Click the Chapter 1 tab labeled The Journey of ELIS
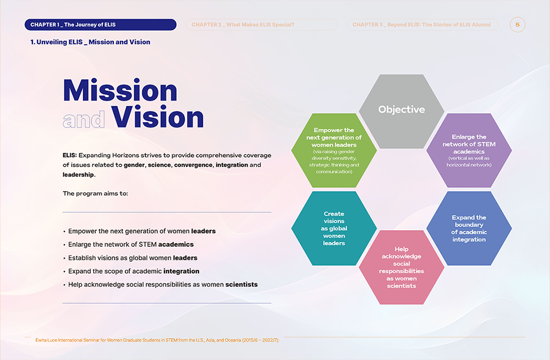[x=100, y=25]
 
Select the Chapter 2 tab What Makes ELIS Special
[x=261, y=25]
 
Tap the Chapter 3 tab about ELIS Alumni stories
[x=422, y=25]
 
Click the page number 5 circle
[x=518, y=25]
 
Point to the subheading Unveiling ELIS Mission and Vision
[x=90, y=42]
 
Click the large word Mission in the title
[x=120, y=91]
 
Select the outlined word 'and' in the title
[x=84, y=119]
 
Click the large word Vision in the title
[x=157, y=117]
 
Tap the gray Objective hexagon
[x=402, y=111]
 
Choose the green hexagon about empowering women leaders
[x=334, y=151]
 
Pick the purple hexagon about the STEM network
[x=469, y=151]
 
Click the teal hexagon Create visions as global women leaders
[x=334, y=228]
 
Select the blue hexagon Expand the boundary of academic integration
[x=469, y=228]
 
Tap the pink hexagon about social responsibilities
[x=402, y=267]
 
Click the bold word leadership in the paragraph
[x=78, y=175]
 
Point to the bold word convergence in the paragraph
[x=193, y=165]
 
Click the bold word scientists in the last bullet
[x=241, y=284]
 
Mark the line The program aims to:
[x=95, y=193]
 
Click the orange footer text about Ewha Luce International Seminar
[x=157, y=340]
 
